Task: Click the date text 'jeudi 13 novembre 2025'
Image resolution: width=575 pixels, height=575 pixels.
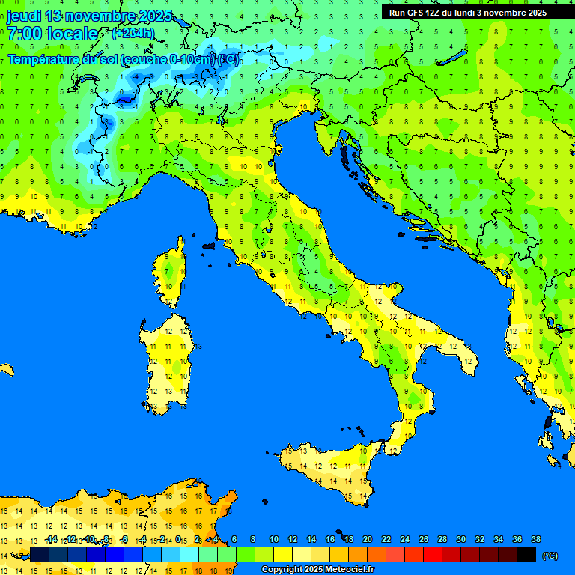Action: tap(90, 16)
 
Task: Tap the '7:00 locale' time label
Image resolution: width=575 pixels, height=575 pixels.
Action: tap(52, 34)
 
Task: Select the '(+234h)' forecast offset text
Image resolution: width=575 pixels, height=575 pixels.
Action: tap(133, 33)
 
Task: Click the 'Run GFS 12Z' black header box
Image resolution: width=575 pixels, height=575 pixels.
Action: tap(468, 13)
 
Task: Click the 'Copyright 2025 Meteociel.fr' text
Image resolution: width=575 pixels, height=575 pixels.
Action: tap(317, 570)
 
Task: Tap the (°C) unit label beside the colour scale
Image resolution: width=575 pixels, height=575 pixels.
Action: tap(550, 556)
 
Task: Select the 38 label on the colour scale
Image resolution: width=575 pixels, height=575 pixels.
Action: tap(535, 539)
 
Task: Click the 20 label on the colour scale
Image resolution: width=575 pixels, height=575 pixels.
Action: tap(368, 539)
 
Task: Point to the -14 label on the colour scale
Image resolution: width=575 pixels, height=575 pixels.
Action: tap(51, 539)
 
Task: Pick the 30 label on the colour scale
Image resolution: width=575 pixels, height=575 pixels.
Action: tap(461, 539)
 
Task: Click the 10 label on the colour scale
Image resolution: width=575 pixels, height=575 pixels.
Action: tap(274, 539)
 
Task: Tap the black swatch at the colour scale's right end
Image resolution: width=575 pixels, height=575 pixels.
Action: tap(526, 554)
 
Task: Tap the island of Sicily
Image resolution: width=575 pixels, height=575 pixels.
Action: tap(329, 468)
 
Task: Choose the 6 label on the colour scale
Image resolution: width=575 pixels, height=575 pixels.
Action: tap(234, 539)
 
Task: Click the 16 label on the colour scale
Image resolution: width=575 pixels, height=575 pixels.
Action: tap(330, 539)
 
